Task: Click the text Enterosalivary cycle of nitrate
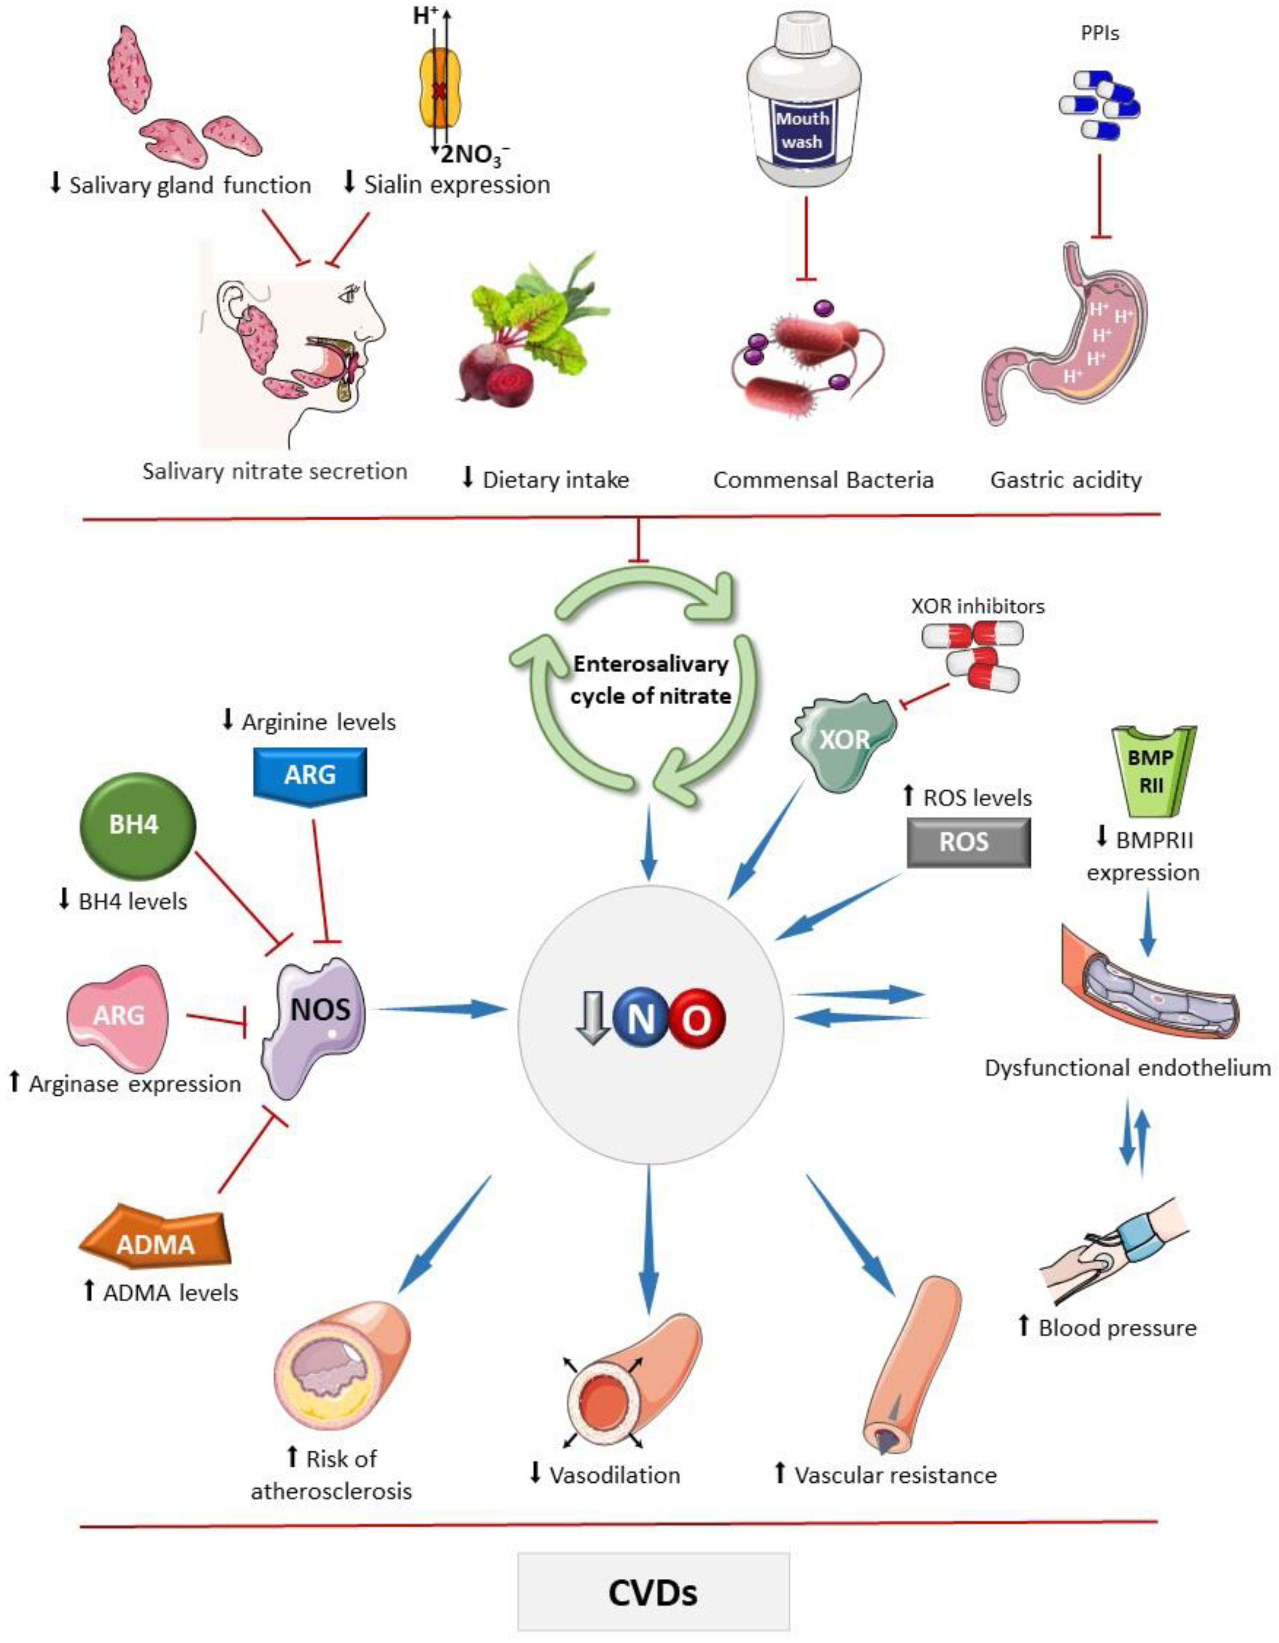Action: point(651,679)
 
